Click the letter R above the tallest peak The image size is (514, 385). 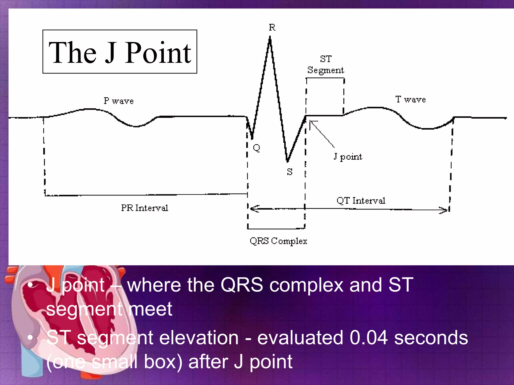point(272,27)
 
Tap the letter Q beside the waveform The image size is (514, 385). point(256,148)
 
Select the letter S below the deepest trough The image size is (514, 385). point(290,172)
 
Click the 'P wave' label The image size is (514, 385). point(118,101)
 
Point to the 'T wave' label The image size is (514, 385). point(410,100)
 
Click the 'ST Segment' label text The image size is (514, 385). point(326,65)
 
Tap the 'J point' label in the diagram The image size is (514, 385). point(348,157)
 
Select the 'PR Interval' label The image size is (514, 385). point(145,208)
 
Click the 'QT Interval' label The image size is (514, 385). point(361,201)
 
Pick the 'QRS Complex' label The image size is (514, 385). point(278,241)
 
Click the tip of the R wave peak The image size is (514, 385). point(270,37)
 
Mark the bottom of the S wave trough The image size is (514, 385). point(287,161)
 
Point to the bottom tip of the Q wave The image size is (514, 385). point(252,139)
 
